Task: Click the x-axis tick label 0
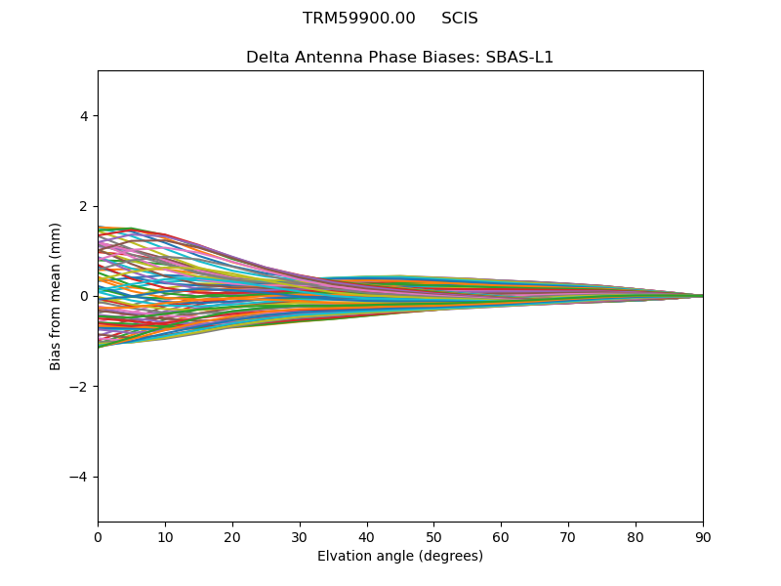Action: coord(98,536)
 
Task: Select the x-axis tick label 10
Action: coord(165,536)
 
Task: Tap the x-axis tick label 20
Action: coord(232,536)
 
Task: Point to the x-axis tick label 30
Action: coord(300,536)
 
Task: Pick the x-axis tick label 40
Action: coord(367,536)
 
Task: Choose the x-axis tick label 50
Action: coord(433,536)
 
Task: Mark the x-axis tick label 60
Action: coord(501,536)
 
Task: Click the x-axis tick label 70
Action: coord(568,536)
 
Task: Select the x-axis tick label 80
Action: coord(636,536)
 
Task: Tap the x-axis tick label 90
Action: coord(703,536)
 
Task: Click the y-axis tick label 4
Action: coord(84,116)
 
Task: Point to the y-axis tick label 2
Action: coord(84,206)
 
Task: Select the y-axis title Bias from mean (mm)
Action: coord(57,296)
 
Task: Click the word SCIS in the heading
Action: coord(460,19)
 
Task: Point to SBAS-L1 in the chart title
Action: coord(519,58)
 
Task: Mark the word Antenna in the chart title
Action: coord(322,58)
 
